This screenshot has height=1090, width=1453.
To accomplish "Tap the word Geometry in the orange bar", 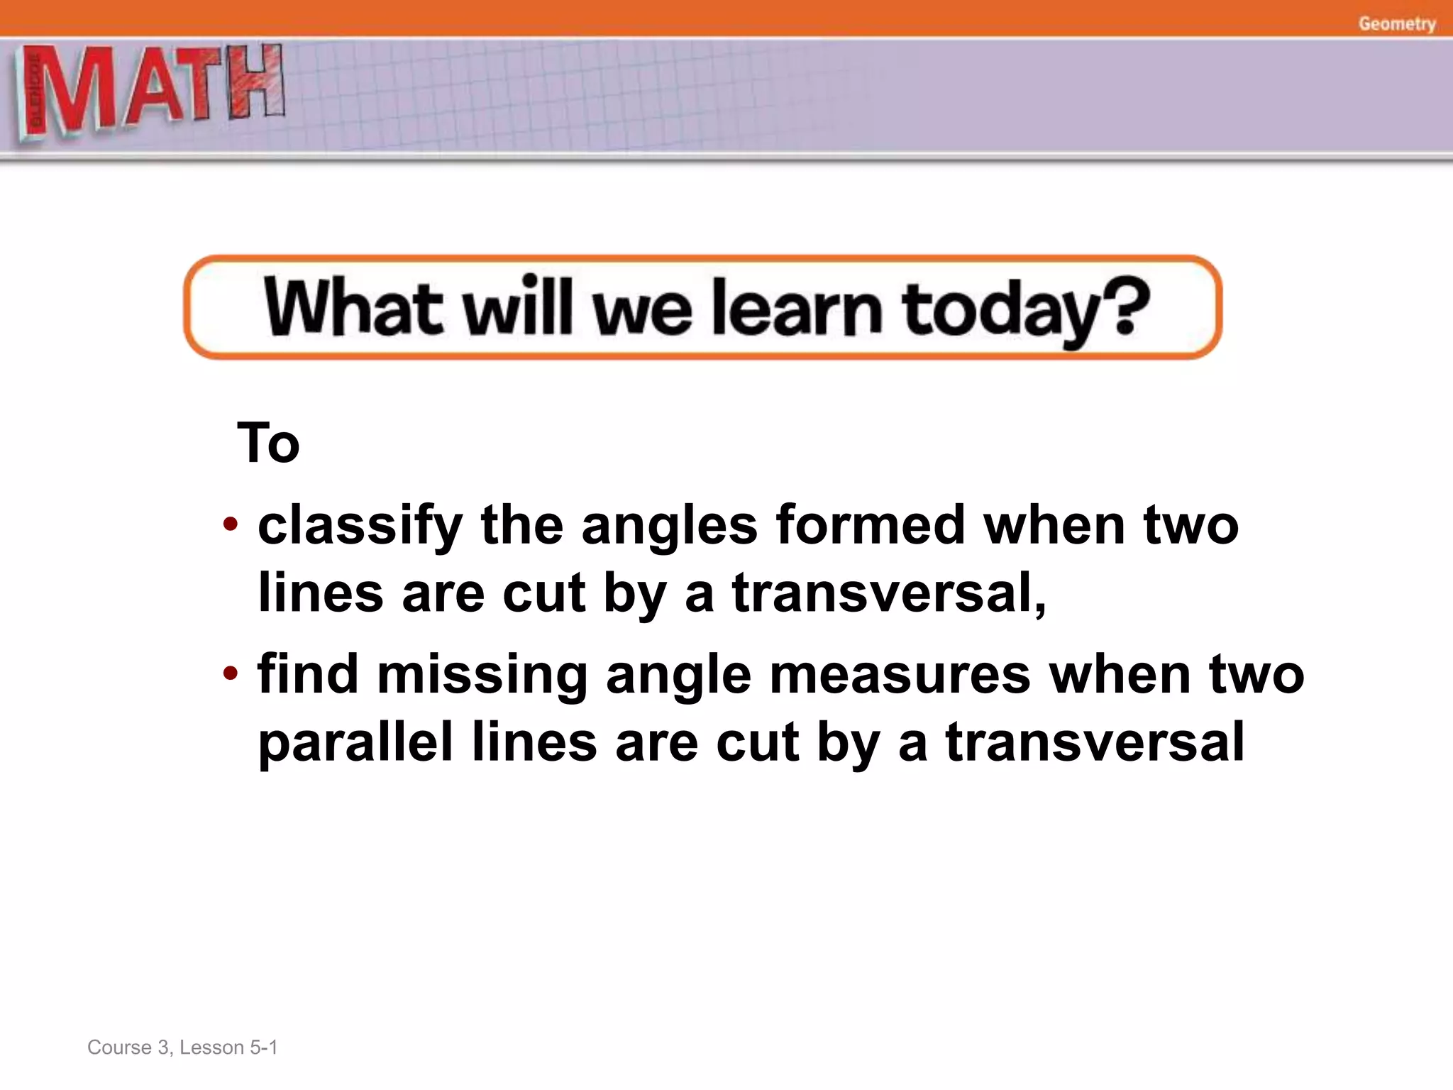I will (x=1396, y=23).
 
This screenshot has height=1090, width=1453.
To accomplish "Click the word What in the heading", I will (x=353, y=307).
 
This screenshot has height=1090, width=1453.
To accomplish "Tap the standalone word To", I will (x=268, y=443).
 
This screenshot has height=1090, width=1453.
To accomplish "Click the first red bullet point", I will (x=230, y=526).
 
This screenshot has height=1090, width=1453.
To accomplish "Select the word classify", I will (x=360, y=527).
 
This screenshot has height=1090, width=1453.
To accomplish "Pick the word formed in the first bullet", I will (x=870, y=525).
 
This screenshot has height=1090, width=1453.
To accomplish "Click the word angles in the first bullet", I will (x=669, y=527).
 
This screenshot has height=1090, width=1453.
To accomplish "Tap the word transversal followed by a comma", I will (x=888, y=593).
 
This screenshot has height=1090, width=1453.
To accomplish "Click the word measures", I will (x=900, y=674).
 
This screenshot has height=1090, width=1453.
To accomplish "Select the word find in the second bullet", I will (x=308, y=674).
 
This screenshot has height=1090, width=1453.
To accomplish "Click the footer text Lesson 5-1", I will (x=228, y=1047).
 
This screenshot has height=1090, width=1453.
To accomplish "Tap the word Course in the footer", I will (x=119, y=1047).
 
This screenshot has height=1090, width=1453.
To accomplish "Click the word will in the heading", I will (x=517, y=307).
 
